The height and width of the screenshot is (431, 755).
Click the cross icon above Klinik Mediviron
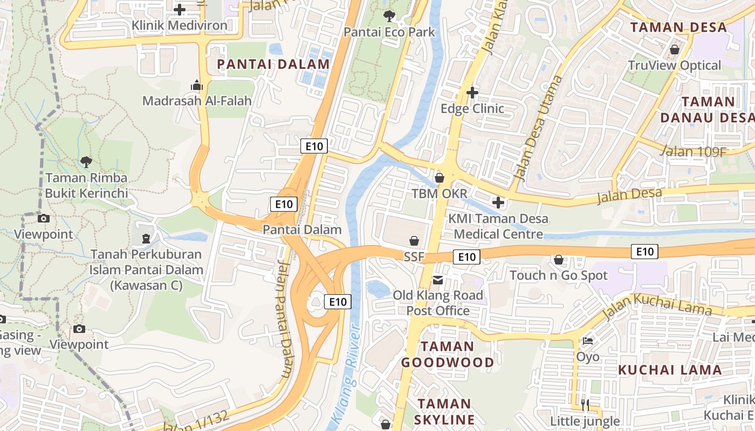pyautogui.click(x=180, y=9)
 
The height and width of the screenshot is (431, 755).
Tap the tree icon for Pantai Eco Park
pyautogui.click(x=389, y=16)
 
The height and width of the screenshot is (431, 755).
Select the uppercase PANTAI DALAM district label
pyautogui.click(x=273, y=64)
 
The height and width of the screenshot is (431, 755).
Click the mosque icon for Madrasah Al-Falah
pyautogui.click(x=197, y=85)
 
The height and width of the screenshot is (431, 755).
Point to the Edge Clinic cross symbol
pyautogui.click(x=472, y=93)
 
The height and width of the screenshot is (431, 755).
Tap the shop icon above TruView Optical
pyautogui.click(x=674, y=50)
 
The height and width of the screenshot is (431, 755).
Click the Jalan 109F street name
pyautogui.click(x=693, y=151)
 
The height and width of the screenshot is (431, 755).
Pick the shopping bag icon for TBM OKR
pyautogui.click(x=440, y=177)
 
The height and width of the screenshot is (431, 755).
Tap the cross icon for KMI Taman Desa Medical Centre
pyautogui.click(x=498, y=203)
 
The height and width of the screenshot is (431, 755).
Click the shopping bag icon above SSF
pyautogui.click(x=414, y=241)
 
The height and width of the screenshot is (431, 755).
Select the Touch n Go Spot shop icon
pyautogui.click(x=559, y=260)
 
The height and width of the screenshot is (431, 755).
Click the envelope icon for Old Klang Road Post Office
pyautogui.click(x=438, y=280)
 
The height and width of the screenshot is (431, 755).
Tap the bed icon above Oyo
pyautogui.click(x=588, y=341)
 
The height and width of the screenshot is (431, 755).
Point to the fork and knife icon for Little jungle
pyautogui.click(x=585, y=404)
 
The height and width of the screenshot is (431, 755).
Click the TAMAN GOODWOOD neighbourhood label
pyautogui.click(x=447, y=354)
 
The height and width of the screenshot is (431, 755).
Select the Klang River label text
pyautogui.click(x=346, y=372)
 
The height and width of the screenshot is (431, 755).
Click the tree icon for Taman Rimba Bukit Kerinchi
pyautogui.click(x=86, y=162)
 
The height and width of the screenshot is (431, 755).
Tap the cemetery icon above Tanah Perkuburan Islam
pyautogui.click(x=146, y=238)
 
